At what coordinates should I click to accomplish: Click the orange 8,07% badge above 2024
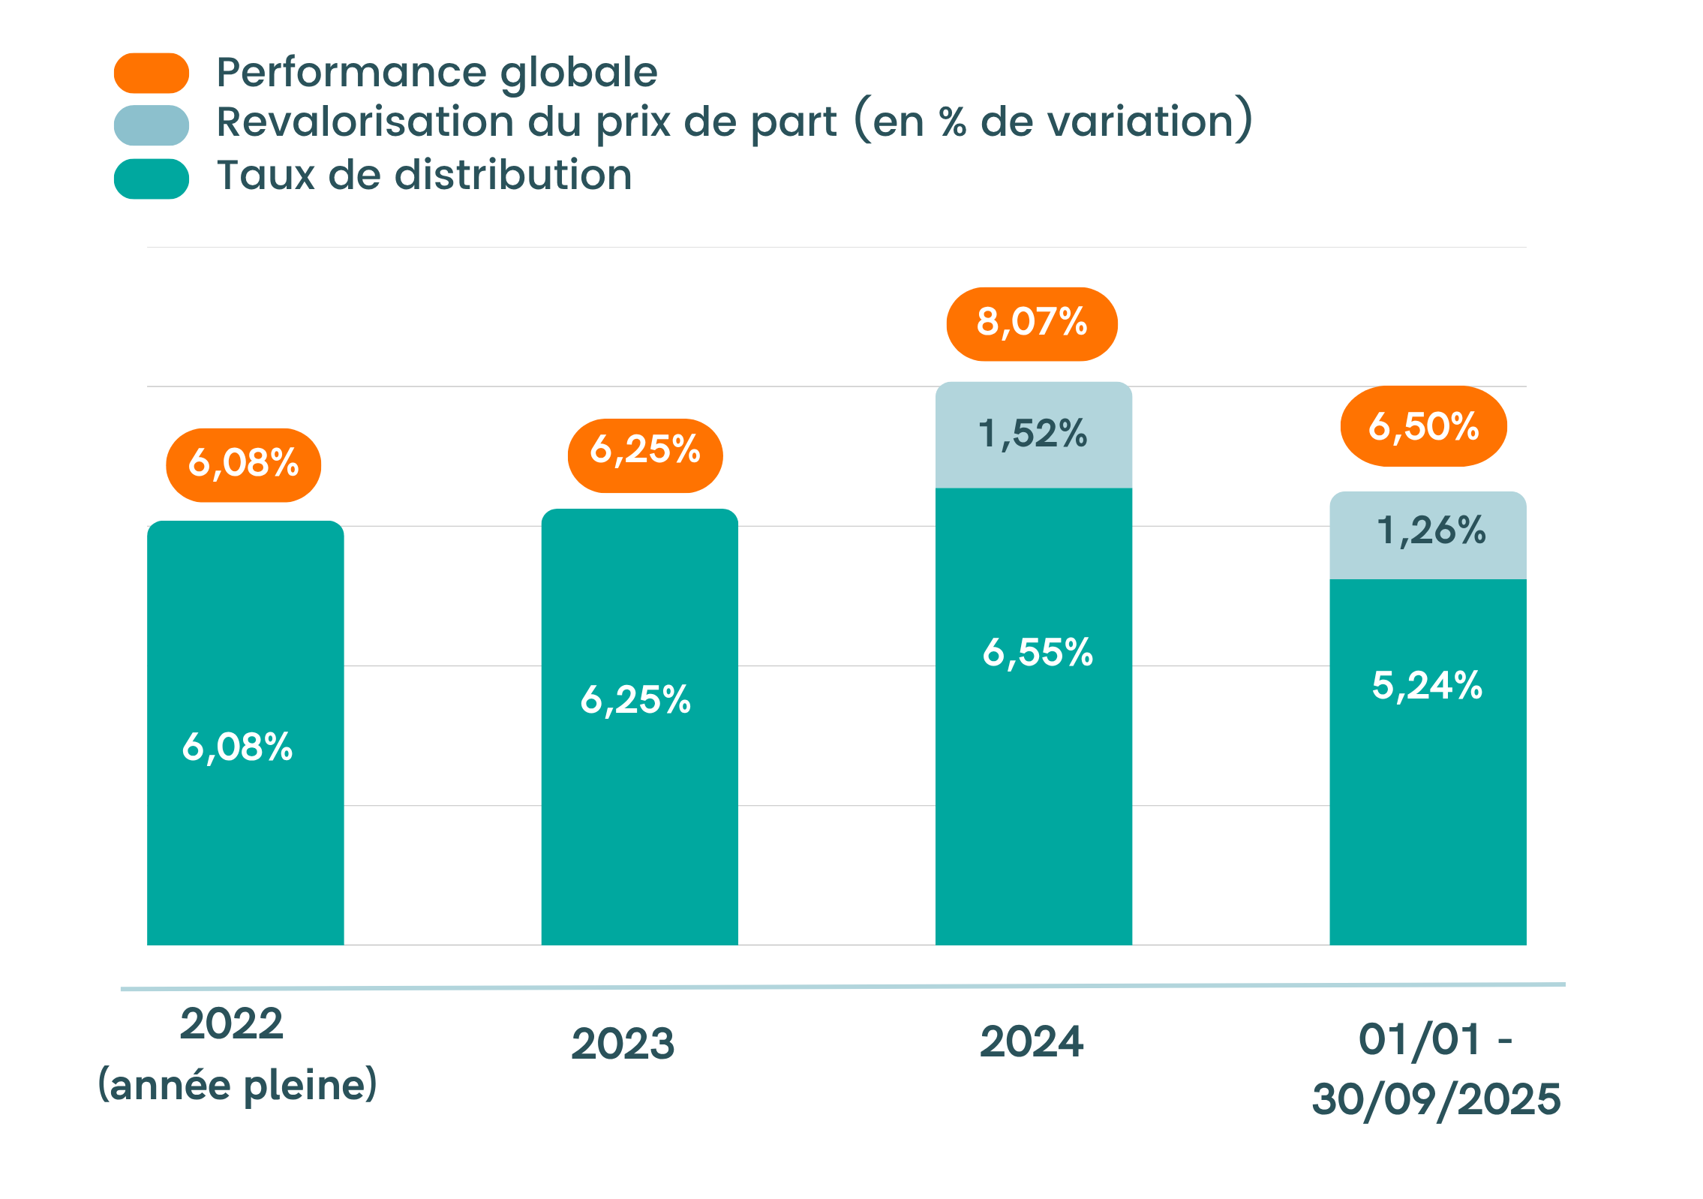[x=1032, y=323]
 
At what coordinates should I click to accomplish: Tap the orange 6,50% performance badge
[x=1423, y=426]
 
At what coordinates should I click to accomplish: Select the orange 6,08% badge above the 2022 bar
[x=243, y=464]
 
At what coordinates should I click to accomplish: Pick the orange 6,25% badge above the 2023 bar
[x=645, y=455]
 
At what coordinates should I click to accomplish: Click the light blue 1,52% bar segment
[x=1033, y=435]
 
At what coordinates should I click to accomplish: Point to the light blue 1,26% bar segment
[x=1428, y=534]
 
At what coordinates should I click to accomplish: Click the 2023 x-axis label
[x=623, y=1044]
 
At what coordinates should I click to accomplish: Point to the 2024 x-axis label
[x=1032, y=1041]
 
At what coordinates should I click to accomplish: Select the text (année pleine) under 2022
[x=237, y=1086]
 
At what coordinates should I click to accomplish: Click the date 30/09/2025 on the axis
[x=1436, y=1099]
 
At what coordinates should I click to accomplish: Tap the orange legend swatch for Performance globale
[x=152, y=73]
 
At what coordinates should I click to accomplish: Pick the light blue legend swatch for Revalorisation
[x=152, y=125]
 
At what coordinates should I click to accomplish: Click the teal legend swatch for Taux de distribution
[x=152, y=179]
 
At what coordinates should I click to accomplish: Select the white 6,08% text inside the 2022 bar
[x=237, y=747]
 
